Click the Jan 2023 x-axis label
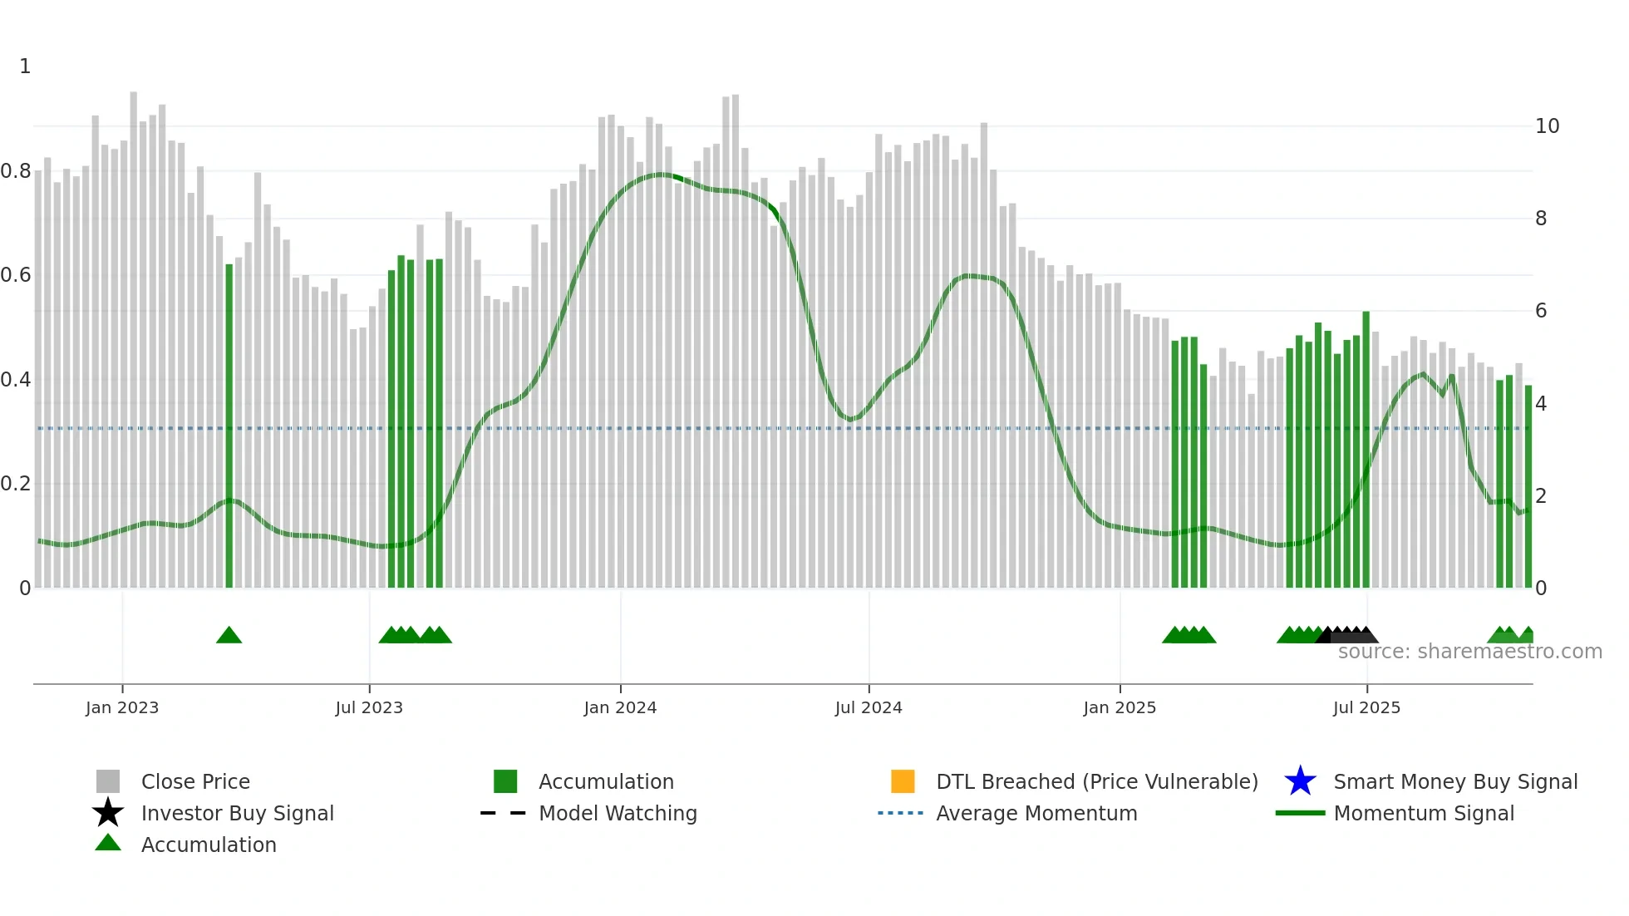coord(122,707)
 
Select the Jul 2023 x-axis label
coord(369,707)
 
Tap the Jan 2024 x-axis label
coord(620,707)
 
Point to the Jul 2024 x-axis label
coord(869,707)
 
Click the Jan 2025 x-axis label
coord(1120,707)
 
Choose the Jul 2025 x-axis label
coord(1366,707)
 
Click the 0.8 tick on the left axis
coord(17,171)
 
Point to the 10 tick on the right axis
coord(1547,126)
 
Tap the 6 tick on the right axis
coord(1541,311)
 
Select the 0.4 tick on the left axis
coord(17,380)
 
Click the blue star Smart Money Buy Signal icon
coord(1300,781)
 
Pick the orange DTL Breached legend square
coord(903,781)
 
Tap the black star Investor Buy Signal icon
coord(108,813)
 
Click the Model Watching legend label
coord(618,813)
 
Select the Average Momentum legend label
coord(1036,813)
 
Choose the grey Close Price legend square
coord(108,781)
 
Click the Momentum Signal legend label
coord(1424,813)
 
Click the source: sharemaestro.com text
coord(1469,652)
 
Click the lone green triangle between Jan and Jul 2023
coord(229,636)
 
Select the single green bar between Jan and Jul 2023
coord(229,426)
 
